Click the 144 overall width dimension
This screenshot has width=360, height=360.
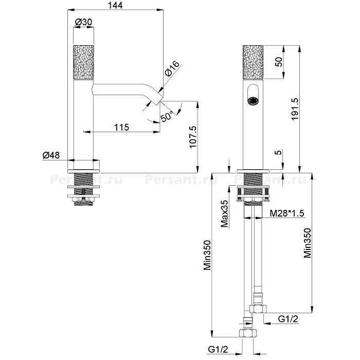pyautogui.click(x=115, y=5)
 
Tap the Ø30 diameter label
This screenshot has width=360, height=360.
pyautogui.click(x=84, y=22)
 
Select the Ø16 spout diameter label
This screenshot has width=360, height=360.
pyautogui.click(x=172, y=68)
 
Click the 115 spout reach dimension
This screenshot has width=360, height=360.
pyautogui.click(x=122, y=127)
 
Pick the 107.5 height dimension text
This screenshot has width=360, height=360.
pyautogui.click(x=193, y=137)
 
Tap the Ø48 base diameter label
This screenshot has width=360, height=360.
pyautogui.click(x=51, y=155)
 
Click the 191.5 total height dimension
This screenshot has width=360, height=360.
pyautogui.click(x=294, y=109)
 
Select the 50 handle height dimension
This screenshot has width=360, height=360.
pyautogui.click(x=279, y=62)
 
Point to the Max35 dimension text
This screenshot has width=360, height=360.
pyautogui.click(x=225, y=213)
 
